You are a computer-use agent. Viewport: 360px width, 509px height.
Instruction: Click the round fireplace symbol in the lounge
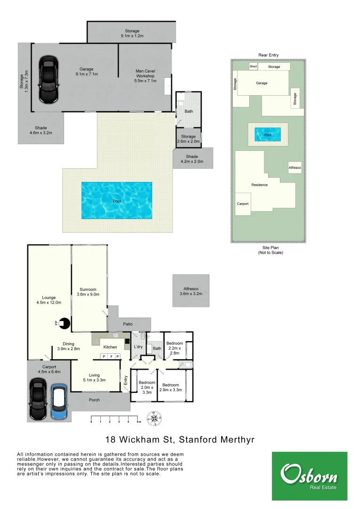(x=65, y=323)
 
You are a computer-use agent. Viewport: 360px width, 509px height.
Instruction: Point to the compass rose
(x=154, y=418)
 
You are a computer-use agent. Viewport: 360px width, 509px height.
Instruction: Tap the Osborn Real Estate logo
(x=309, y=476)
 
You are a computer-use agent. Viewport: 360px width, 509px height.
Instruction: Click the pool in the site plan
(x=268, y=135)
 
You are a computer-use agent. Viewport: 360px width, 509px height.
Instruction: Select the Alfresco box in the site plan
(x=295, y=167)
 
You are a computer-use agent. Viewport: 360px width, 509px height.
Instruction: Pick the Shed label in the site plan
(x=253, y=66)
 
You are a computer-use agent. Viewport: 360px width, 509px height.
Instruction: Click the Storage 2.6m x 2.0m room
(x=188, y=139)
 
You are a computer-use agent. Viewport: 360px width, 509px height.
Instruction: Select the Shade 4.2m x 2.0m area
(x=192, y=159)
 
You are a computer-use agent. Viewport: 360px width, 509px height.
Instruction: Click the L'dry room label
(x=138, y=347)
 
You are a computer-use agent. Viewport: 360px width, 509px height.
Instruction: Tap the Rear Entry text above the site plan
(x=268, y=55)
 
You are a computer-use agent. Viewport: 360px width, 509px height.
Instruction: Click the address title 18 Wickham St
(x=180, y=440)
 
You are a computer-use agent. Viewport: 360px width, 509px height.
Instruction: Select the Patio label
(x=128, y=324)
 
